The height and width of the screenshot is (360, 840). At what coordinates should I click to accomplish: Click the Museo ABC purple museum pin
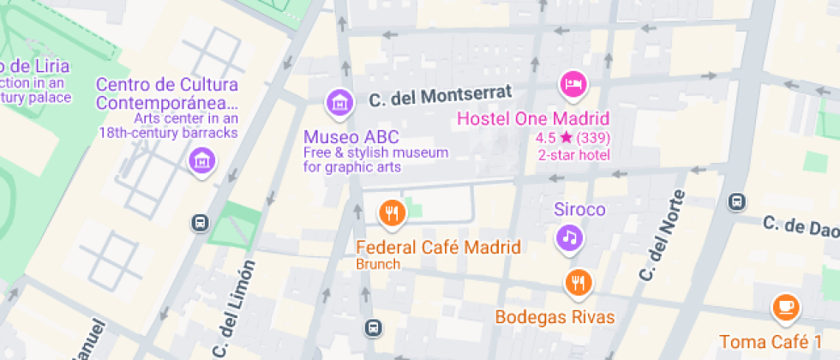[x=340, y=103]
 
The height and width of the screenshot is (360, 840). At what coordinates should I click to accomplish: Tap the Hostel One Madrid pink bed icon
[x=573, y=84]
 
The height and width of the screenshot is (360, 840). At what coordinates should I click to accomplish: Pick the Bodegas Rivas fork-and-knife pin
[x=579, y=282]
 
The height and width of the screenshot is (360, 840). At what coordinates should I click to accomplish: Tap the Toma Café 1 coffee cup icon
[x=785, y=306]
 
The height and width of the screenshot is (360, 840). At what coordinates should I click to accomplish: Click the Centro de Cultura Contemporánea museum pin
[x=202, y=159]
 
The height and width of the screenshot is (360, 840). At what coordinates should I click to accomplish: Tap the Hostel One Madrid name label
[x=532, y=119]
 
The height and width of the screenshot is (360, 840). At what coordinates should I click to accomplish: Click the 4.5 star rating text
[x=573, y=138]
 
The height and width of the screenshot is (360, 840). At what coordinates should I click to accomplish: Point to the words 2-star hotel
[x=573, y=155]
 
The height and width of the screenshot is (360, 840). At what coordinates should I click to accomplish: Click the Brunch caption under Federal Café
[x=378, y=264]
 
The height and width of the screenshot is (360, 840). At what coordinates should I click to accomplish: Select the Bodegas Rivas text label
[x=555, y=317]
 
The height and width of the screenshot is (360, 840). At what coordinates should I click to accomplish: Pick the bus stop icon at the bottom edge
[x=373, y=327]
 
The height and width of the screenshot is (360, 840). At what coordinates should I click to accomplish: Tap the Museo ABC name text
[x=351, y=137]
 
